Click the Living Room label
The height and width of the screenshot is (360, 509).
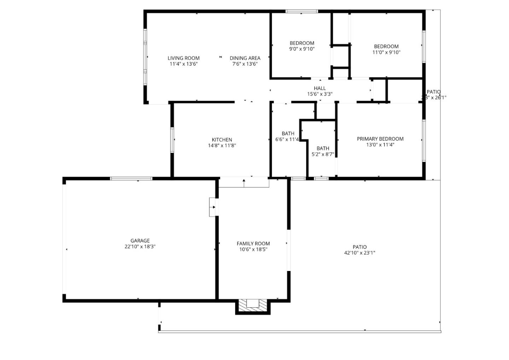click(x=183, y=58)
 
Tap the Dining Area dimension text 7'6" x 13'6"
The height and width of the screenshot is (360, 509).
click(x=245, y=64)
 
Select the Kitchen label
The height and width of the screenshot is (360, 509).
click(x=222, y=140)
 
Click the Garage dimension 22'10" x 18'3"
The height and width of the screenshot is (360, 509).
click(x=140, y=247)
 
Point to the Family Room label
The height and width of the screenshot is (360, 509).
click(x=253, y=243)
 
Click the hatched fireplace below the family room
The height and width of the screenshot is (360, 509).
click(x=253, y=305)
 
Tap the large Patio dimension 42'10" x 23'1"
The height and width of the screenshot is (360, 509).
click(x=359, y=253)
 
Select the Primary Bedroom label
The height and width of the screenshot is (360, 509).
click(x=380, y=139)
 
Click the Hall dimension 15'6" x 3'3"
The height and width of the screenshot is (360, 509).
click(x=320, y=94)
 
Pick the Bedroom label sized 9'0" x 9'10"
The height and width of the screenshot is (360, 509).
click(x=302, y=43)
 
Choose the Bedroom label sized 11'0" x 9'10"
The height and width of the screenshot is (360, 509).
click(x=386, y=46)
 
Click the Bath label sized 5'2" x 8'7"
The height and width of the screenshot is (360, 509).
click(x=323, y=148)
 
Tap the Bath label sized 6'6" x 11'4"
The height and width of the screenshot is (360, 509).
click(x=288, y=134)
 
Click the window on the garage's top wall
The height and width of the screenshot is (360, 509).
click(x=131, y=179)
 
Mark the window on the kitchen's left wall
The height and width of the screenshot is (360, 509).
click(x=172, y=140)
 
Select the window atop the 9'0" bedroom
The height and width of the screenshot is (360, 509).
click(x=302, y=11)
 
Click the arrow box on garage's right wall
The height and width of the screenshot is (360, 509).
click(x=213, y=207)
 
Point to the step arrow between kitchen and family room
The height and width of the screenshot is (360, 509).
click(x=244, y=182)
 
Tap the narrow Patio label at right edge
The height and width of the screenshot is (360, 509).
click(x=434, y=92)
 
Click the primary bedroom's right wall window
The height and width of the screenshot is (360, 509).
click(x=423, y=141)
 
